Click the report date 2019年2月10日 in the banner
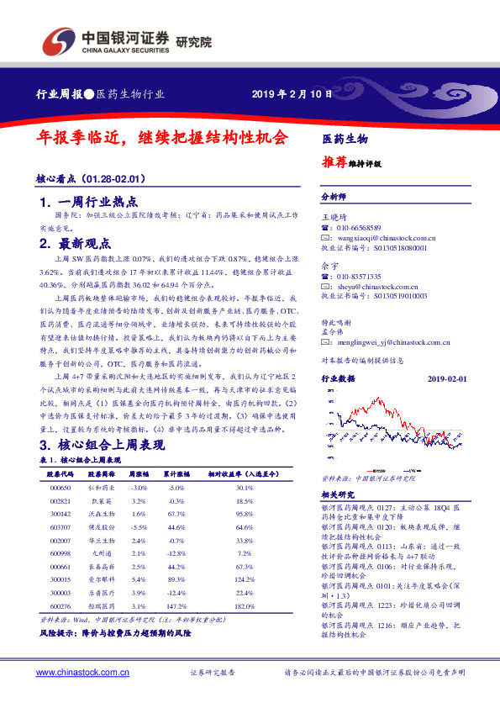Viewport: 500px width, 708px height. pos(287,94)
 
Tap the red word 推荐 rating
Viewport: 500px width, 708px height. pos(334,162)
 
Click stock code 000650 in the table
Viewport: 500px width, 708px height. pos(60,487)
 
